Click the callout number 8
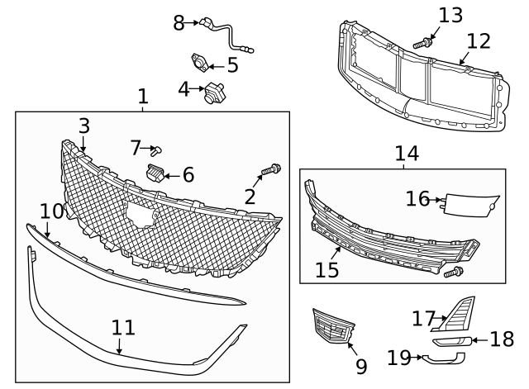click(179, 23)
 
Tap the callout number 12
click(478, 40)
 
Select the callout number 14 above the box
click(406, 153)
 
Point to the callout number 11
click(123, 328)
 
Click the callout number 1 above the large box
click(143, 97)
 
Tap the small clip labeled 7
click(160, 149)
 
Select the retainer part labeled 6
click(155, 172)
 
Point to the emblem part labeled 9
click(330, 326)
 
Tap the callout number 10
click(51, 211)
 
